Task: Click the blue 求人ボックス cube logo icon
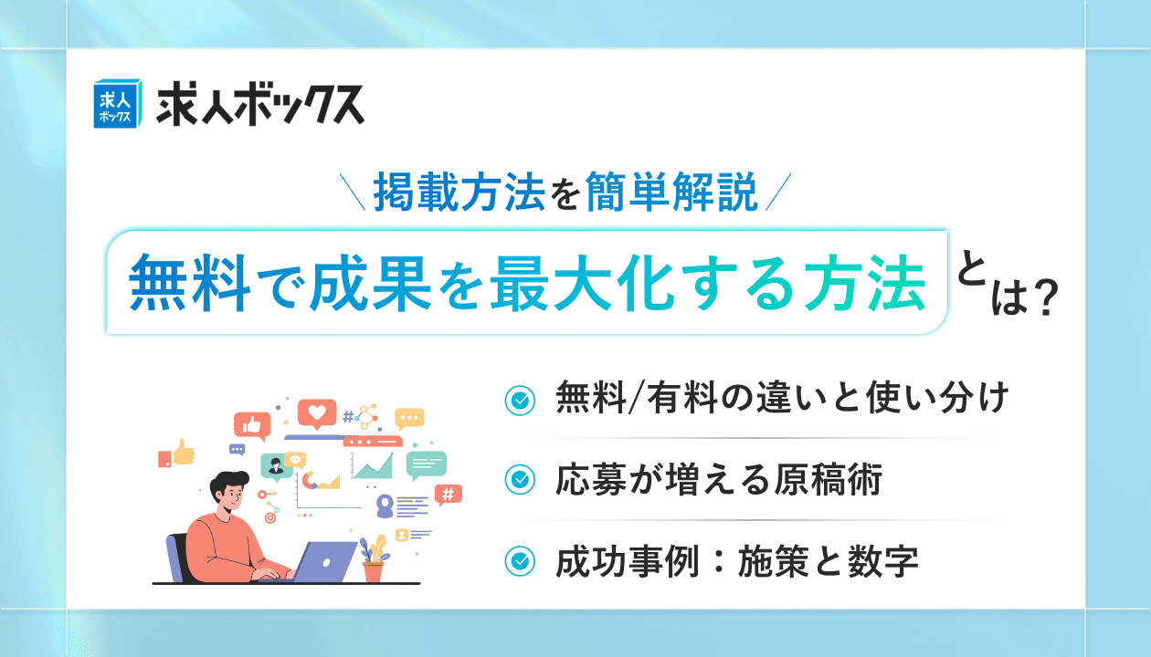(x=117, y=103)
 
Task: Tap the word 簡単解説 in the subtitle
(x=671, y=192)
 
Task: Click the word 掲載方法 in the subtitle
(x=459, y=192)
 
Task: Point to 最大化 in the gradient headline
(x=583, y=283)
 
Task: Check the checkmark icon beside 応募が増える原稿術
(x=520, y=480)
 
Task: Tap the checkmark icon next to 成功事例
(x=520, y=561)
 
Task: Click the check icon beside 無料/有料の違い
(x=520, y=401)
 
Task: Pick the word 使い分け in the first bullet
(x=938, y=398)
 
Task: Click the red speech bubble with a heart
(x=317, y=413)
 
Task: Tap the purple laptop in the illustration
(x=322, y=562)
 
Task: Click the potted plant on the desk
(x=374, y=559)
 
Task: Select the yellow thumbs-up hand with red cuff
(x=176, y=454)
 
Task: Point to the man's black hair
(x=228, y=484)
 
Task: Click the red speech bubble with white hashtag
(x=448, y=495)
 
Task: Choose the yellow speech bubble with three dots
(x=409, y=419)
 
